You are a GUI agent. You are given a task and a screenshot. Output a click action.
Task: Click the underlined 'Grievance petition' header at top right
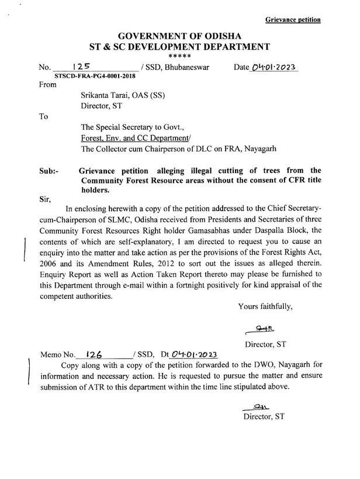tap(293, 19)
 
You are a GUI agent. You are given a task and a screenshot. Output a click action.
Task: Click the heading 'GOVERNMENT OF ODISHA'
tap(179, 36)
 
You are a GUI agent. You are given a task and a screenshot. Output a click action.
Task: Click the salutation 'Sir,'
tap(45, 199)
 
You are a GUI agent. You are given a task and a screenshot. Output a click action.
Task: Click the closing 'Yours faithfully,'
tap(269, 306)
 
